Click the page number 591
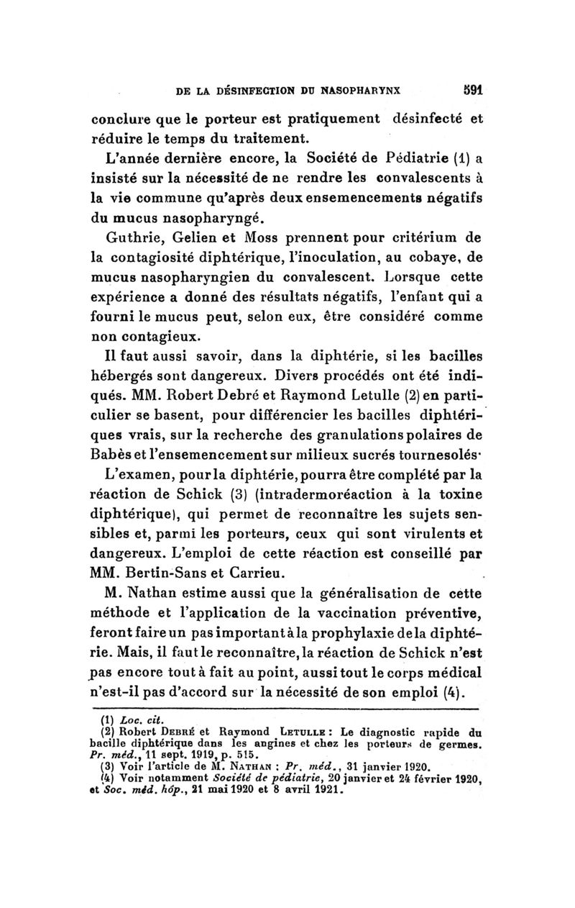pyautogui.click(x=469, y=91)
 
